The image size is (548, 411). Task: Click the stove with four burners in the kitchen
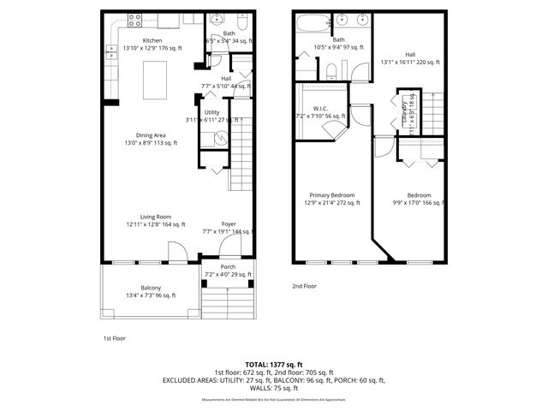point(135,20)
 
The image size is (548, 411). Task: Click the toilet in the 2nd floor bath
point(332,70)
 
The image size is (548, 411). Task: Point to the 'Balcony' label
point(151,288)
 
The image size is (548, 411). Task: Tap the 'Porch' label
point(228,267)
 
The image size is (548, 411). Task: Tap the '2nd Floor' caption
point(305,286)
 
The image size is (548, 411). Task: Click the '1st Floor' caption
point(114,338)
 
